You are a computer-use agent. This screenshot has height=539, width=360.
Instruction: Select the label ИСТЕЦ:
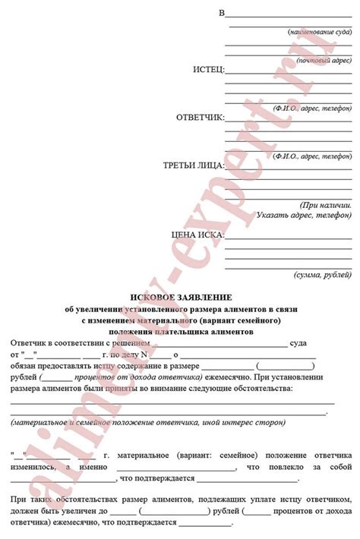(x=208, y=70)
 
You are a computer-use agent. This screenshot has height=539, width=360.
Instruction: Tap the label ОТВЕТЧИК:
(x=201, y=118)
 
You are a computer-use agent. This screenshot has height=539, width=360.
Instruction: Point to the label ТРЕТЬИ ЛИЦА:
(x=194, y=165)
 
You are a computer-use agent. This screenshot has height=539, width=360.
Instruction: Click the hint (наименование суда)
(x=319, y=33)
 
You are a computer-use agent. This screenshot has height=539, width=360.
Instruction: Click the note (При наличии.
(x=326, y=205)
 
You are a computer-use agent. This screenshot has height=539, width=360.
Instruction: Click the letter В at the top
(x=222, y=14)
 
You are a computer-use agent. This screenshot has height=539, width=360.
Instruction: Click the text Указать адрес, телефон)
(x=305, y=216)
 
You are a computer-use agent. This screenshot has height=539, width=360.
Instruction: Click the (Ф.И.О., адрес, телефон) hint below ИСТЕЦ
(x=313, y=109)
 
